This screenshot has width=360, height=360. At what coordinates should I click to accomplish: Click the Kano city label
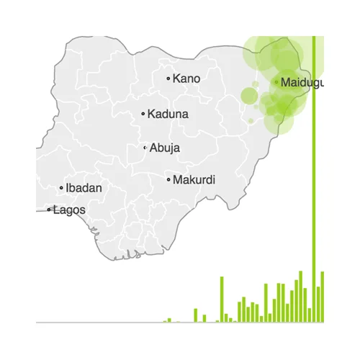(x=186, y=78)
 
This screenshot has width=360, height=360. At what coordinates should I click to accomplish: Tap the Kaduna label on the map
(x=168, y=113)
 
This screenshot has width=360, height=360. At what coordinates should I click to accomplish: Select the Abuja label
(x=165, y=148)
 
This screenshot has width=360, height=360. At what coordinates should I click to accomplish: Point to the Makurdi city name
(x=194, y=179)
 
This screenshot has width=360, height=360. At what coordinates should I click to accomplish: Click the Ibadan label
(x=84, y=188)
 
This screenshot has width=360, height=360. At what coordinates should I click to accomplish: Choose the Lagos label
(x=69, y=210)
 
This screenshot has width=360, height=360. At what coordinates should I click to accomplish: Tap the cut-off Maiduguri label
(x=302, y=82)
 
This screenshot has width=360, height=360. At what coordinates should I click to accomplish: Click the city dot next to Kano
(x=168, y=78)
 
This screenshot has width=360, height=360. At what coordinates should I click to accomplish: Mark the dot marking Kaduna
(x=143, y=113)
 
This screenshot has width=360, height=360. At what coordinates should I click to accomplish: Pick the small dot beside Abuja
(x=145, y=148)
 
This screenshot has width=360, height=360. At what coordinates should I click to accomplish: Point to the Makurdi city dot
(x=168, y=179)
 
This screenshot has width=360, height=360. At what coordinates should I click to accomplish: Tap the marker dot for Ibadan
(x=61, y=188)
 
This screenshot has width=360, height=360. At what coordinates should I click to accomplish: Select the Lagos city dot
(x=49, y=210)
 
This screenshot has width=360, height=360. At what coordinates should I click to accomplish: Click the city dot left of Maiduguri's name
(x=276, y=82)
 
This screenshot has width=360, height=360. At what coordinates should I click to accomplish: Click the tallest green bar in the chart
(x=315, y=180)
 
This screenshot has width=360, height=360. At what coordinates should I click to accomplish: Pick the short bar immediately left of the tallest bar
(x=310, y=315)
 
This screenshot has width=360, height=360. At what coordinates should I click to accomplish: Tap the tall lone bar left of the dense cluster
(x=222, y=299)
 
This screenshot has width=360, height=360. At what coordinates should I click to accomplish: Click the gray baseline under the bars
(x=108, y=322)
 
